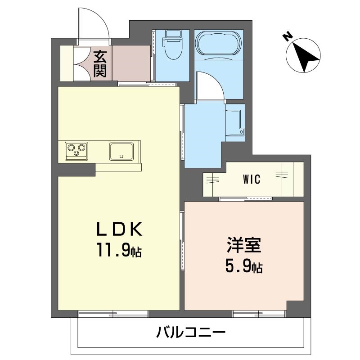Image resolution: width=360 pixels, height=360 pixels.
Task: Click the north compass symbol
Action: tap(304, 55)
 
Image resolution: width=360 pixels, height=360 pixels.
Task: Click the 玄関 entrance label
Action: tap(100, 63)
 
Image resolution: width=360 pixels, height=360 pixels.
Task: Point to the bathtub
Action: tap(218, 44)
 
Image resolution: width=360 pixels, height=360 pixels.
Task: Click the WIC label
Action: tap(252, 179)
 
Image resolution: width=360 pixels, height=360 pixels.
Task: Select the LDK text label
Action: tap(119, 230)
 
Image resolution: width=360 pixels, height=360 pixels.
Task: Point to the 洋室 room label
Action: tap(244, 247)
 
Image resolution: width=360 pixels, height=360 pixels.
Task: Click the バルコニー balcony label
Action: tap(191, 333)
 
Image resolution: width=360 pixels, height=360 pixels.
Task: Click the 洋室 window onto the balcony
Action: tap(259, 313)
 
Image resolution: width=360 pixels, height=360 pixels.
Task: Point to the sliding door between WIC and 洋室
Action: tap(246, 198)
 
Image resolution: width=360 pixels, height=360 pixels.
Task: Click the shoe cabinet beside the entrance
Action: tap(66, 63)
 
